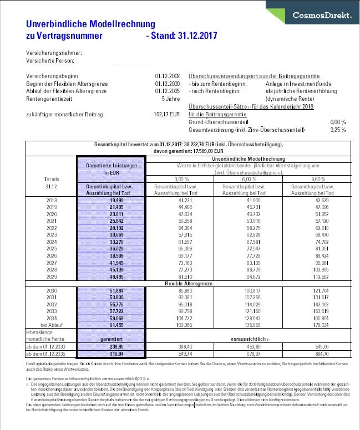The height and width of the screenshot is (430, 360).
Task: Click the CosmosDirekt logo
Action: point(322,16)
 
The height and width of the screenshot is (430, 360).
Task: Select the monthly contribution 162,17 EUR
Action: point(167,115)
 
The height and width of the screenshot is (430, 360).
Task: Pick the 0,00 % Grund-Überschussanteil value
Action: point(337,121)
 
